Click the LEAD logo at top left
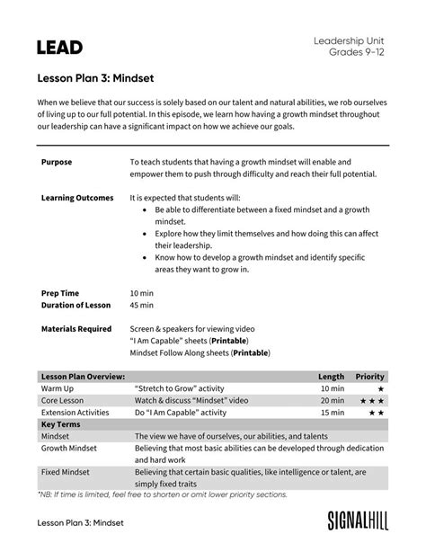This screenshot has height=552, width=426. (x=59, y=47)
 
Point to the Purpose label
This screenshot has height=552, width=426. (x=57, y=163)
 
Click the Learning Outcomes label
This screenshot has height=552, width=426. (x=77, y=197)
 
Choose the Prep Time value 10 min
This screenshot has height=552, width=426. (x=142, y=294)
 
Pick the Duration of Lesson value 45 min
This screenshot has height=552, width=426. (x=142, y=306)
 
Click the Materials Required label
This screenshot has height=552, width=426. (x=76, y=329)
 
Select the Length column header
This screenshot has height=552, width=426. (x=331, y=376)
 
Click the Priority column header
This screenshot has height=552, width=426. (x=370, y=376)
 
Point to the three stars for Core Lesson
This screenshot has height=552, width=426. (x=374, y=400)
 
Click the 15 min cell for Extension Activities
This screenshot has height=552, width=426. (x=332, y=412)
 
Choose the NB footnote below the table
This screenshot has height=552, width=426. (x=162, y=494)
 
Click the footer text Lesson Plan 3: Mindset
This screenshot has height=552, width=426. (x=79, y=522)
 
